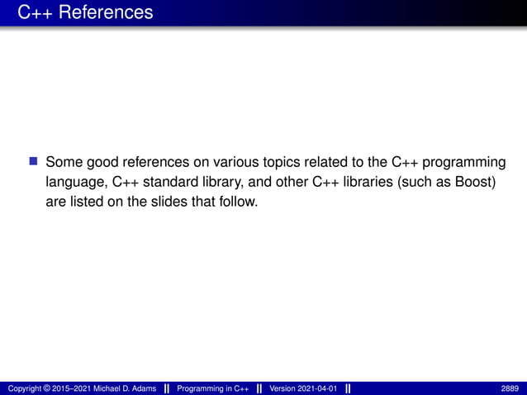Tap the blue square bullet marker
[x=34, y=160]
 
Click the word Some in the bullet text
[x=64, y=161]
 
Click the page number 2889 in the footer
[x=510, y=388]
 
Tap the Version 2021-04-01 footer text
[x=303, y=388]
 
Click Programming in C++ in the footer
[x=214, y=388]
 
